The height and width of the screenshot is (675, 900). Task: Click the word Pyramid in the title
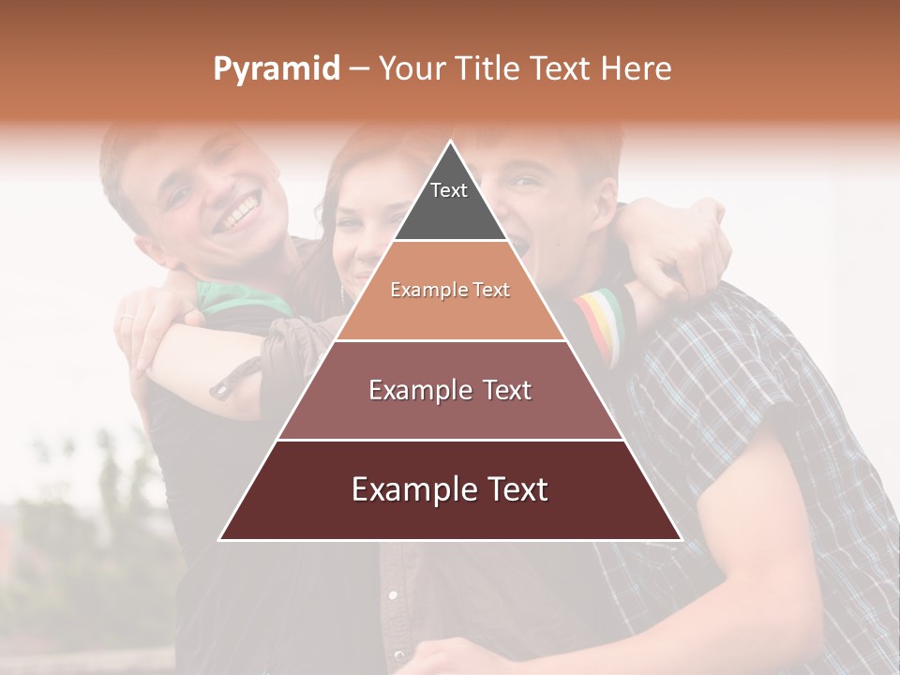pyautogui.click(x=277, y=69)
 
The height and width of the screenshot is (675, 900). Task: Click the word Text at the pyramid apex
pyautogui.click(x=449, y=190)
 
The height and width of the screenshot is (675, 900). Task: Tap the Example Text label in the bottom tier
pyautogui.click(x=450, y=489)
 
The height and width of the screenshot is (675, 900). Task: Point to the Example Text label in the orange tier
pyautogui.click(x=450, y=290)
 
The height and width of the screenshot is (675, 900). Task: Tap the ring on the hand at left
pyautogui.click(x=127, y=321)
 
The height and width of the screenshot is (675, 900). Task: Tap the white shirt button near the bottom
pyautogui.click(x=393, y=594)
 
